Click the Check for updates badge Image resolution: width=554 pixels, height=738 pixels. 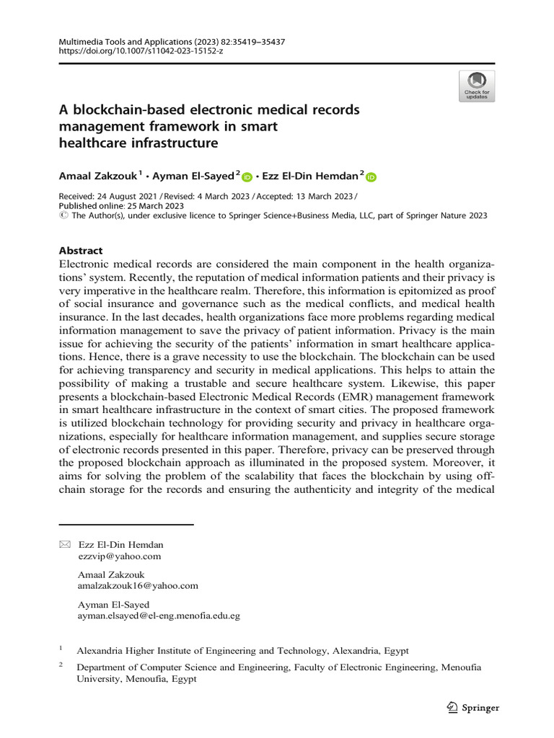coord(477,86)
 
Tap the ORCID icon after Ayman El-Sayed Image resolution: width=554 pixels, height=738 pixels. coord(247,177)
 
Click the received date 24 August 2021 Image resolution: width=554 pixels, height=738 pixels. coord(127,197)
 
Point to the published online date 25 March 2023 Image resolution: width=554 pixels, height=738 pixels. coord(157,205)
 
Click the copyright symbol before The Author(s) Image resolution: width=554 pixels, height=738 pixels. coord(62,215)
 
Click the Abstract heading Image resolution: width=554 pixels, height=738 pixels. coord(80,251)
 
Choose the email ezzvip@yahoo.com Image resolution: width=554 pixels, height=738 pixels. coord(119,556)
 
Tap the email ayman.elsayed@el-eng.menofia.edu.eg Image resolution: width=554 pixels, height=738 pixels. coord(159,616)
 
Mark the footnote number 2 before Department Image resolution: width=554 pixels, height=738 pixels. coord(61,666)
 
